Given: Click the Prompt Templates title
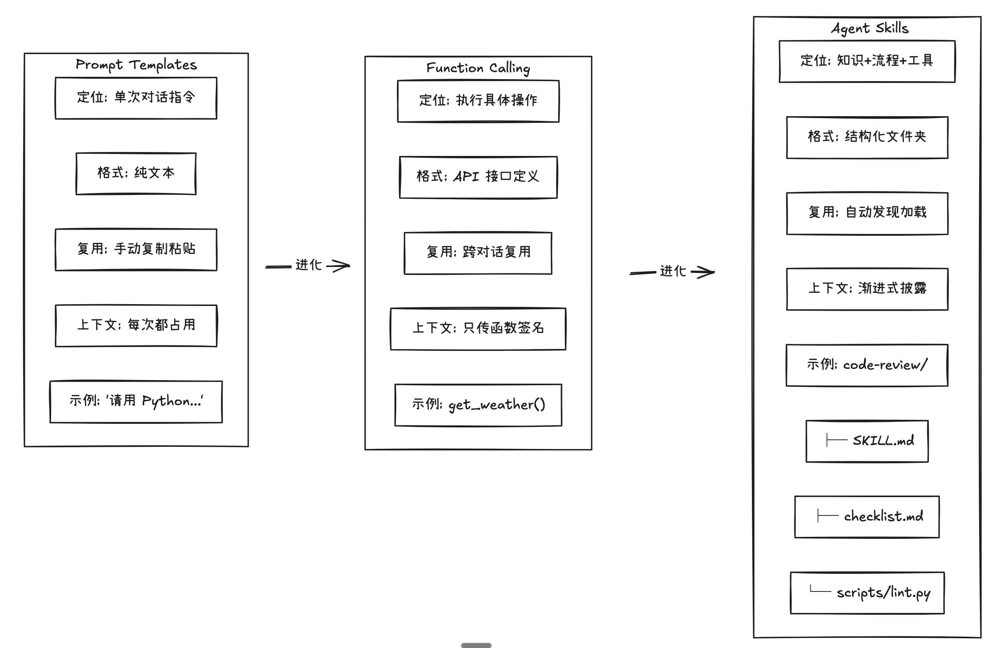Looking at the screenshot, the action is pos(136,64).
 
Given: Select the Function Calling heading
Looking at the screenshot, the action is pos(478,68).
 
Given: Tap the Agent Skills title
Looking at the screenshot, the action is pos(870,28).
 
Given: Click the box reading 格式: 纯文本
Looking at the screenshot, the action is pos(136,174).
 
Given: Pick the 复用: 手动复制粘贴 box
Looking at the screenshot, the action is pos(136,250).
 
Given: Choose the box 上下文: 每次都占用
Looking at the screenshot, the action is pos(136,326).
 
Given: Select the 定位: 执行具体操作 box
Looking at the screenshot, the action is pos(478,101).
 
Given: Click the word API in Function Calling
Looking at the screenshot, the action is pos(466,176).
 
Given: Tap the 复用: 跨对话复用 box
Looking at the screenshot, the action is pos(478,253).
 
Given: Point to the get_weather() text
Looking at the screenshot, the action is pos(497,405).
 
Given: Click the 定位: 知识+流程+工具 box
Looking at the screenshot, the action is pos(867,62).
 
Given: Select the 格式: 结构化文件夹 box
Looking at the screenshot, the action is pos(867,138).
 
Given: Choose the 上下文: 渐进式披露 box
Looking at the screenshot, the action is pos(867,289).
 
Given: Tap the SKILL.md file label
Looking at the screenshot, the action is pos(883,441).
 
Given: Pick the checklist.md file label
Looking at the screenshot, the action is pos(884,516).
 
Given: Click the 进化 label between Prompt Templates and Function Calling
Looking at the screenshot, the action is pos(309,265).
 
